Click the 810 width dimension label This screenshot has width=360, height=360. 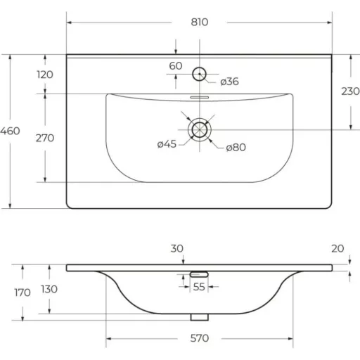(x=200, y=22)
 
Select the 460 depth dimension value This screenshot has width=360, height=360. (x=10, y=131)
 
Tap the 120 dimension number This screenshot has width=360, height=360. (x=45, y=75)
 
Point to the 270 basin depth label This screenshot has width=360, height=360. (x=45, y=138)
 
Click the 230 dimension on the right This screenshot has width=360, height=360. (x=350, y=91)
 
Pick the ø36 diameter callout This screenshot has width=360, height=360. (x=229, y=82)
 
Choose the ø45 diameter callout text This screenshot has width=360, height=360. (x=167, y=144)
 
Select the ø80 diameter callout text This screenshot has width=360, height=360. (x=236, y=148)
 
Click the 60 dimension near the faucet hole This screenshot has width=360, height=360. (x=176, y=66)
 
